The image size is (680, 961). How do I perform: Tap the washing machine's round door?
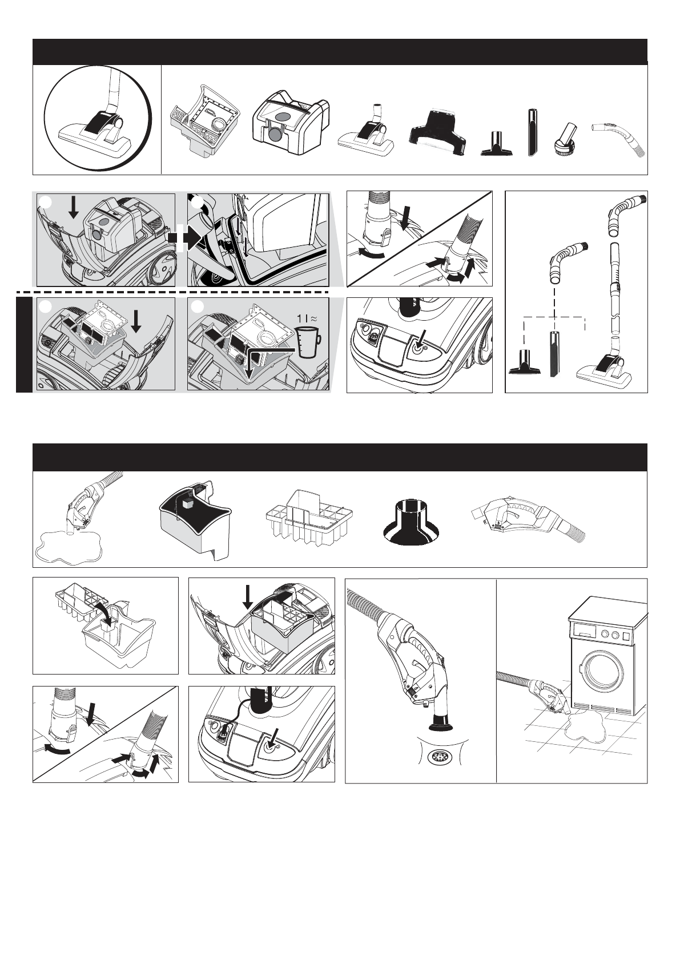(603, 675)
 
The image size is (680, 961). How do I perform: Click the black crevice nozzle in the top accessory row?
(532, 133)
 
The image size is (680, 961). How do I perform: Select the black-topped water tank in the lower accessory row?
(196, 520)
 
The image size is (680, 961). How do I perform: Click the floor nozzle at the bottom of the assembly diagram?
(606, 366)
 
